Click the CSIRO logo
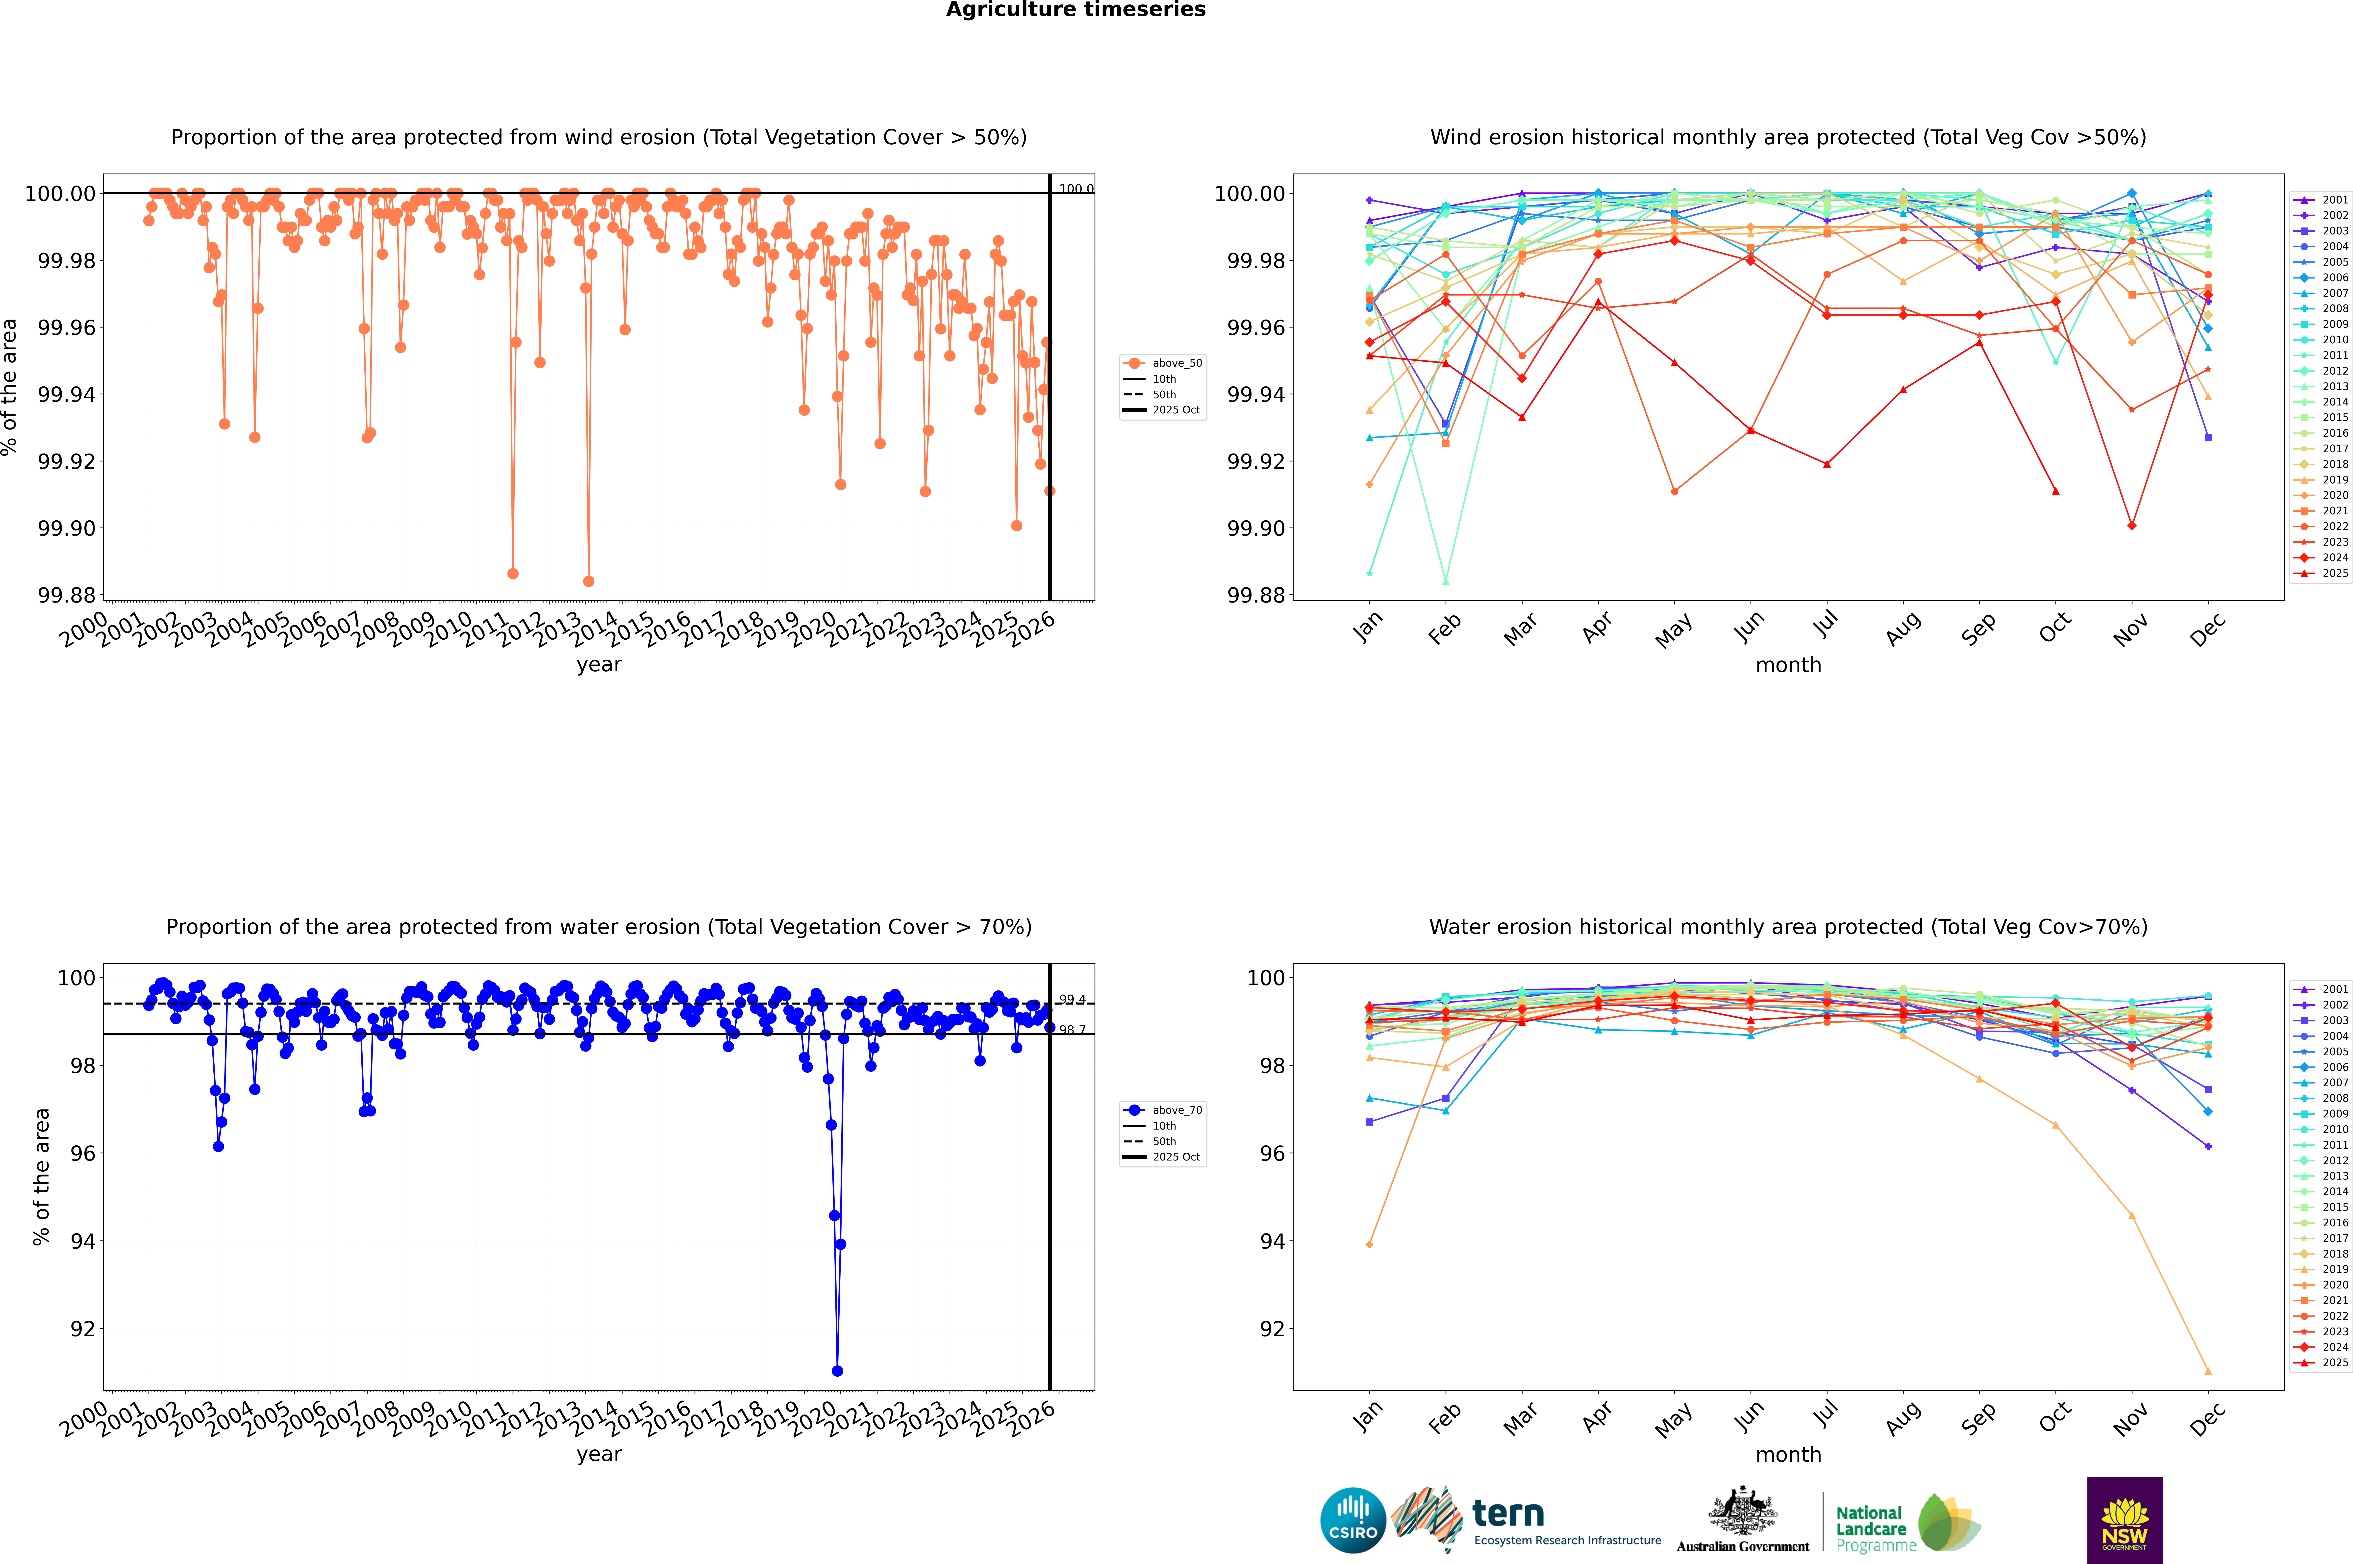click(1352, 1520)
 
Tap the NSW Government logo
click(2125, 1520)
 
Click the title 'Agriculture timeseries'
click(1075, 10)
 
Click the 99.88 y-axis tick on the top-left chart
click(67, 596)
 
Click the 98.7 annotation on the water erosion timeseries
click(1072, 1030)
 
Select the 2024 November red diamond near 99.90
click(2131, 526)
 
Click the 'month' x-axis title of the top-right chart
click(1787, 665)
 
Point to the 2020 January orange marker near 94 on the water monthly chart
click(1370, 1244)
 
